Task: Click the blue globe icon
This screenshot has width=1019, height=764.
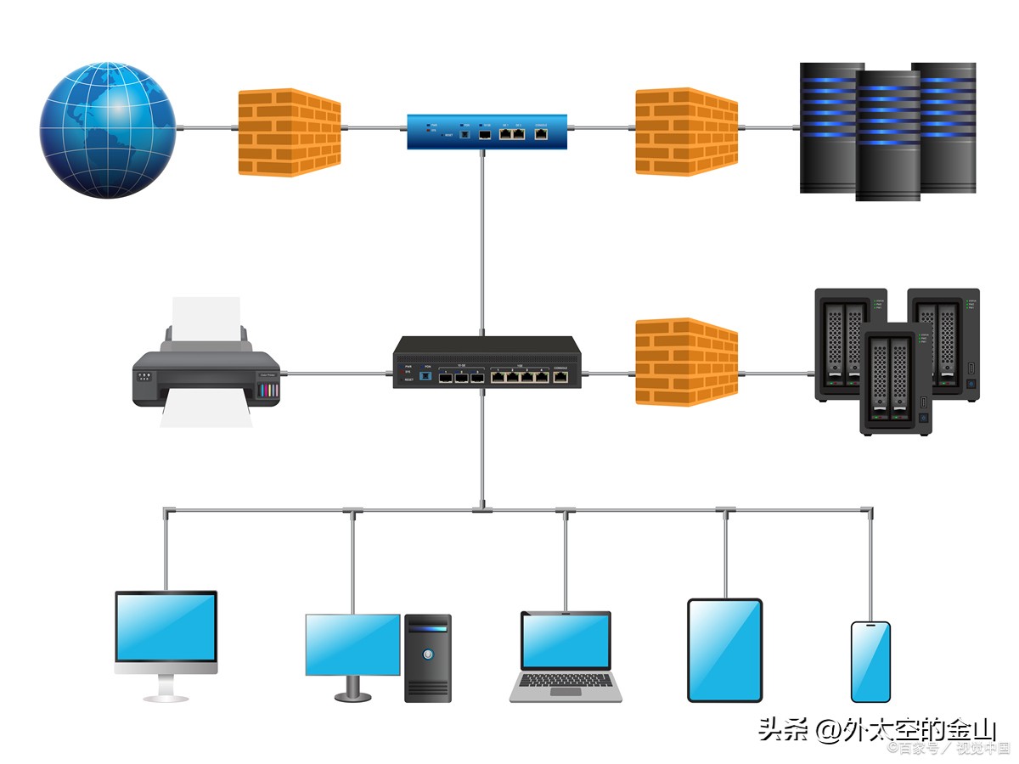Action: pyautogui.click(x=108, y=129)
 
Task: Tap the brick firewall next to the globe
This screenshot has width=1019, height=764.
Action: pyautogui.click(x=289, y=132)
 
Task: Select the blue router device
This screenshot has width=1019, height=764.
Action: pyautogui.click(x=487, y=132)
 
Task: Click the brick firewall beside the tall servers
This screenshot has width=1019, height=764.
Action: pyautogui.click(x=686, y=132)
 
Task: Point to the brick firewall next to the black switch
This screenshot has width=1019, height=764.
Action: pyautogui.click(x=686, y=362)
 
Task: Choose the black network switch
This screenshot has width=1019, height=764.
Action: pyautogui.click(x=487, y=362)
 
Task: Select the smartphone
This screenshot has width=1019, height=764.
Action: pyautogui.click(x=870, y=661)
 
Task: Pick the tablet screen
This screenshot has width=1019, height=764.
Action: pyautogui.click(x=724, y=649)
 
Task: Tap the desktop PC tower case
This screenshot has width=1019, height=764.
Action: pyautogui.click(x=428, y=658)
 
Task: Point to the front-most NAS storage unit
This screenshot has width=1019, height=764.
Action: pyautogui.click(x=896, y=378)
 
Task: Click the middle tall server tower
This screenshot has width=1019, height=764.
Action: pyautogui.click(x=887, y=136)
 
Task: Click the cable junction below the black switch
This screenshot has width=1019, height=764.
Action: pyautogui.click(x=481, y=510)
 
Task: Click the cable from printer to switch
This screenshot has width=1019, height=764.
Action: pyautogui.click(x=336, y=373)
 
